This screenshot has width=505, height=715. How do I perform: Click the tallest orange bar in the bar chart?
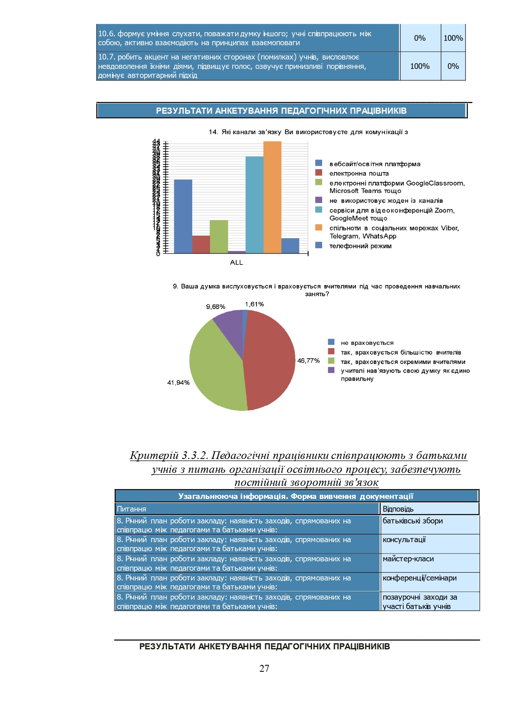[x=272, y=197]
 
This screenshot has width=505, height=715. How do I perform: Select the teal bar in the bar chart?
[x=254, y=205]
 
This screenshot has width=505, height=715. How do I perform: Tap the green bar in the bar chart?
[x=219, y=236]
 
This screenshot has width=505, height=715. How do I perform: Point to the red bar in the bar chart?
[x=201, y=244]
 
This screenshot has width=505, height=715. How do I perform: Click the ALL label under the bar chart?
[x=236, y=263]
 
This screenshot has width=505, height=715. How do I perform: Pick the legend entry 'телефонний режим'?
[x=360, y=246]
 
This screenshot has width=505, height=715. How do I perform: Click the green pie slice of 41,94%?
[x=216, y=367]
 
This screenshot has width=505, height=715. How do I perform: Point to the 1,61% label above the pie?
[x=255, y=304]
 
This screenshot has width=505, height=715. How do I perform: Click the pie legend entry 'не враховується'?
[x=367, y=343]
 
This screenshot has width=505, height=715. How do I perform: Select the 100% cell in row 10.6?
[x=453, y=38]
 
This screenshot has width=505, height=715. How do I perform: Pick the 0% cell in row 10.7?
[x=453, y=66]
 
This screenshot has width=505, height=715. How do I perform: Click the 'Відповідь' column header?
[x=398, y=509]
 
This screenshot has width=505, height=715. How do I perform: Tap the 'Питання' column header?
[x=131, y=509]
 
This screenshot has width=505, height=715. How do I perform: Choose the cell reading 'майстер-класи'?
[x=408, y=559]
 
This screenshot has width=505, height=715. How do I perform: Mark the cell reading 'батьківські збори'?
[x=413, y=521]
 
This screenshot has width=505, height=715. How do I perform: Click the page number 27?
[x=264, y=669]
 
